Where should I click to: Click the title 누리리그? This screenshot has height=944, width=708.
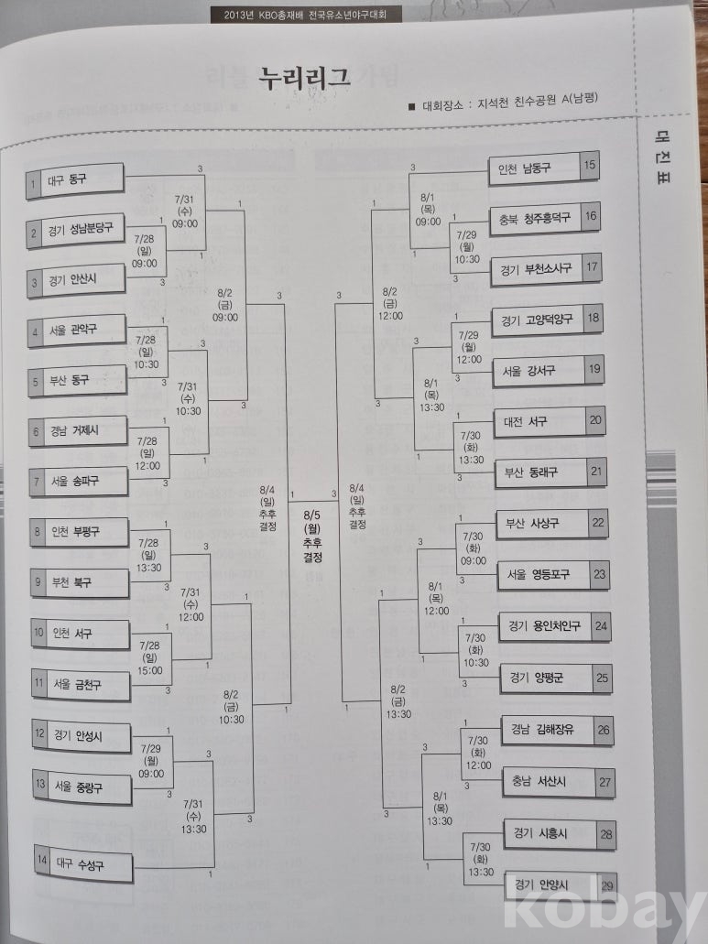pos(305,78)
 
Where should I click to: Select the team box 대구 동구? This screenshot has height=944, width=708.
pos(75,180)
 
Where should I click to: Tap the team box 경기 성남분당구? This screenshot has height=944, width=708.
pos(78,232)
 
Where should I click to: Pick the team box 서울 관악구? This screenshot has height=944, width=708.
pos(77,329)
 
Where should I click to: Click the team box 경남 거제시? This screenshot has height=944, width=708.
pos(78,430)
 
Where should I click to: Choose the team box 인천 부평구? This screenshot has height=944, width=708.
pos(80,531)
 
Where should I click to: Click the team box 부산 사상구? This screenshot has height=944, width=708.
pos(539,524)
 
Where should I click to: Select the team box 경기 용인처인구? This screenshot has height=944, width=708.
pos(543,626)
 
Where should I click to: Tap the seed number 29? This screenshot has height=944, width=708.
pos(605,885)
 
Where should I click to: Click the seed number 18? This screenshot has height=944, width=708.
pos(594,319)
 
